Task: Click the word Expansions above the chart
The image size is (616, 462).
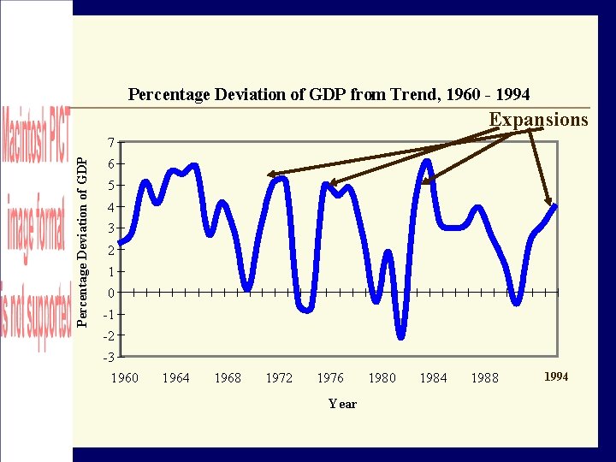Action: (538, 120)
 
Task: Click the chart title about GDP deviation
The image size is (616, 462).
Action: (329, 94)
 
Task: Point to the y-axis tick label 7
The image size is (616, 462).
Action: (110, 142)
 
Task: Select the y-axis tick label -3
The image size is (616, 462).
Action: (108, 357)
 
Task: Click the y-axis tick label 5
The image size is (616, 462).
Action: (110, 186)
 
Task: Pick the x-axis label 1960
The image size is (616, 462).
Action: (125, 377)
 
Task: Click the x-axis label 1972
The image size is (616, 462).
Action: (279, 377)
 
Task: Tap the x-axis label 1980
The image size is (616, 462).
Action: (382, 377)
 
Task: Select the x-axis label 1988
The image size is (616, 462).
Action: (484, 377)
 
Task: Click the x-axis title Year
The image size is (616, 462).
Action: (342, 404)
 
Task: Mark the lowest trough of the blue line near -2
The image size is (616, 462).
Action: (400, 335)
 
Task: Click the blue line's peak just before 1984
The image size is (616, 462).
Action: (426, 162)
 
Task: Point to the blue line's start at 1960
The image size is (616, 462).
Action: (121, 242)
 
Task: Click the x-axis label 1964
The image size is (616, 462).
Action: (176, 377)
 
